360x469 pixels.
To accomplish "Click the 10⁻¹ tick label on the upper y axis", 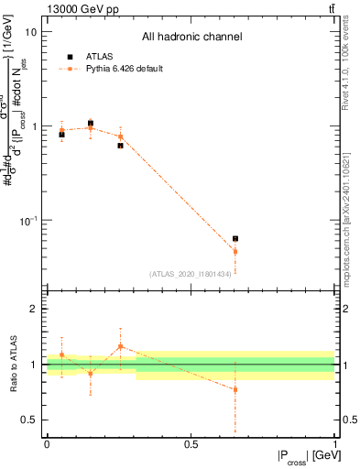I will (x=29, y=221).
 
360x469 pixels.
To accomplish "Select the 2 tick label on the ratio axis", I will (x=35, y=309).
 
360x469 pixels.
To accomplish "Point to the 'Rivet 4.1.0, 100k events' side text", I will (x=349, y=64).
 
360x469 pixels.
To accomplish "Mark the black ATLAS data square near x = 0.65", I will (x=235, y=239).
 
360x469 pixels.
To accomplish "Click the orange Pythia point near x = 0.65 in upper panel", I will (x=235, y=251).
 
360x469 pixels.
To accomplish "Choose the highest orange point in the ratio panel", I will (x=120, y=346).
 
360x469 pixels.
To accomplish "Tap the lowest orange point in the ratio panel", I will (x=235, y=389).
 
